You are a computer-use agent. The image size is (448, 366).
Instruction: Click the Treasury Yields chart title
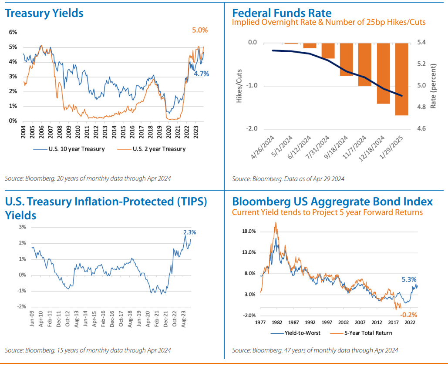click(44, 13)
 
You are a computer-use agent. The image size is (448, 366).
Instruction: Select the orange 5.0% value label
click(200, 30)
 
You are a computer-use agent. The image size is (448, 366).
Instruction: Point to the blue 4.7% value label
click(201, 74)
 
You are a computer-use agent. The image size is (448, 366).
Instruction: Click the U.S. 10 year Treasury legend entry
click(70, 149)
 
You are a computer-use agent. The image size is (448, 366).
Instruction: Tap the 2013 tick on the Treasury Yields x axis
click(105, 132)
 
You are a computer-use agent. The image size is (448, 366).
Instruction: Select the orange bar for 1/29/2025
click(401, 79)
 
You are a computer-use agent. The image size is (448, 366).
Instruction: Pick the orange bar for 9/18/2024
click(346, 59)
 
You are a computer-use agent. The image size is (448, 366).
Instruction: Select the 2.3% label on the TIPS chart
click(189, 232)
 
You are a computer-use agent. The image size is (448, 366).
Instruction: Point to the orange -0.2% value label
click(409, 314)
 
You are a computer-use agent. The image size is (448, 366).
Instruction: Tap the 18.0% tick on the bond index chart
click(249, 232)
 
